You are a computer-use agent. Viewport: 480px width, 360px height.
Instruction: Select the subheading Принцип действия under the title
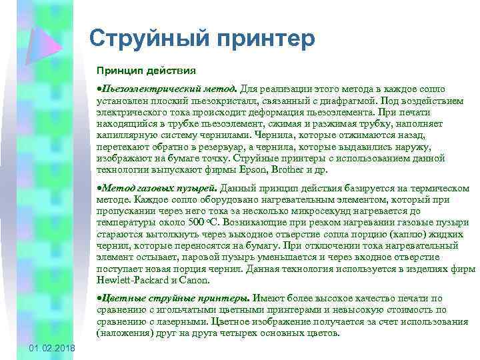tap(146, 70)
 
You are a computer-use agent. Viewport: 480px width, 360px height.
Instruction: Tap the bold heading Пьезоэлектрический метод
tap(169, 89)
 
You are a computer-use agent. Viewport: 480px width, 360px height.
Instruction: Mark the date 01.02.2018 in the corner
tap(53, 350)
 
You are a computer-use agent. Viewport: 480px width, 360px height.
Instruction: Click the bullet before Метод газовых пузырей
tap(99, 188)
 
